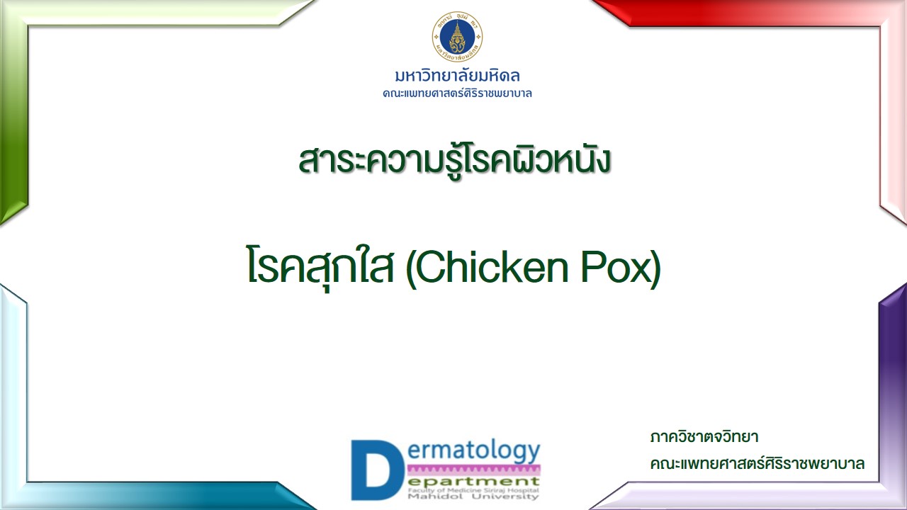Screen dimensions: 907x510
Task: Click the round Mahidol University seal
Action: [457, 36]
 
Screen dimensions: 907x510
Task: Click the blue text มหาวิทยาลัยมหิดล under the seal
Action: [457, 76]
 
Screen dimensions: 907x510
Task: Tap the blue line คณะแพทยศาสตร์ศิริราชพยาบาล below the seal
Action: [457, 93]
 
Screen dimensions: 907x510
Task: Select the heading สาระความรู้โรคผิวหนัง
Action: [454, 160]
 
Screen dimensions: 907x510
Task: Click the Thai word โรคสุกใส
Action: [320, 267]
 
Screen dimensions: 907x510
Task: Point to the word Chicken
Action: [492, 267]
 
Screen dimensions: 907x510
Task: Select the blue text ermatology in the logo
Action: [474, 452]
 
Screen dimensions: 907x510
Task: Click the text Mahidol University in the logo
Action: [473, 497]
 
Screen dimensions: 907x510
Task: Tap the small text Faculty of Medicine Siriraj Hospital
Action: [473, 490]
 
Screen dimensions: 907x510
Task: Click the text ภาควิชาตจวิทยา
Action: [704, 437]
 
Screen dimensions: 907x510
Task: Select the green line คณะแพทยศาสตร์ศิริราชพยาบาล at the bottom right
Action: [757, 463]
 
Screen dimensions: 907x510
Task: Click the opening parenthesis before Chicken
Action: [410, 268]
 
